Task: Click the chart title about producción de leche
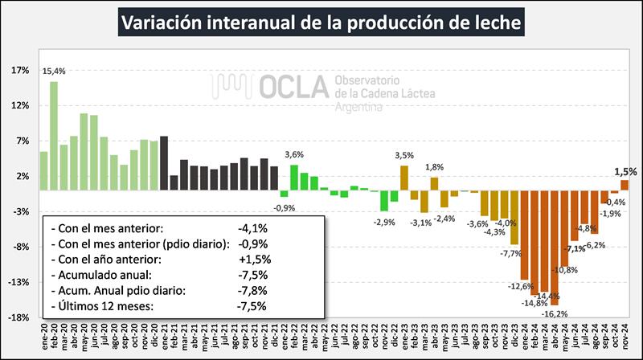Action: (321, 22)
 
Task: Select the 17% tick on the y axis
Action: (19, 70)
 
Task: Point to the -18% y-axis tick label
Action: (18, 317)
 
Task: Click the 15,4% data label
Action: (54, 72)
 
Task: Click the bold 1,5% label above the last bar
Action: (625, 171)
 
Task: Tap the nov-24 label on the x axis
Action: (625, 338)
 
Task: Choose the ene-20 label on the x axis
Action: (43, 338)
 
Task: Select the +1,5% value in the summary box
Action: (255, 260)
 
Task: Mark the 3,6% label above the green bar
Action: (294, 154)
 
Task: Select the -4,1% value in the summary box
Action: (254, 228)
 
